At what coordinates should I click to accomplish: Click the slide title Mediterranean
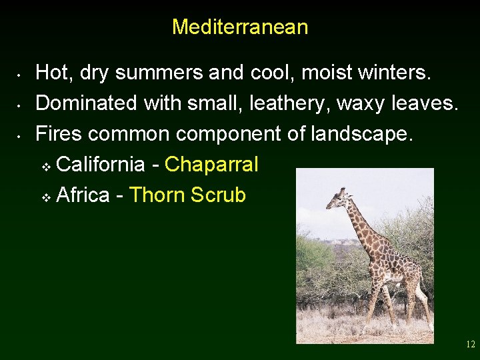coord(240,27)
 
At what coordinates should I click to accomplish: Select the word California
coord(101,165)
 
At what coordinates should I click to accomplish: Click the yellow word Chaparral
coord(211,165)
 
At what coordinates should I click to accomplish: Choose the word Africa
coord(83,195)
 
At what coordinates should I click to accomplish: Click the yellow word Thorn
coord(157,195)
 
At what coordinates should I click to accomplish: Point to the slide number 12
coord(471,345)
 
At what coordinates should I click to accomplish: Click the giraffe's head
coord(337,198)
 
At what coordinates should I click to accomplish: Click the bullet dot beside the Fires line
coord(21,135)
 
